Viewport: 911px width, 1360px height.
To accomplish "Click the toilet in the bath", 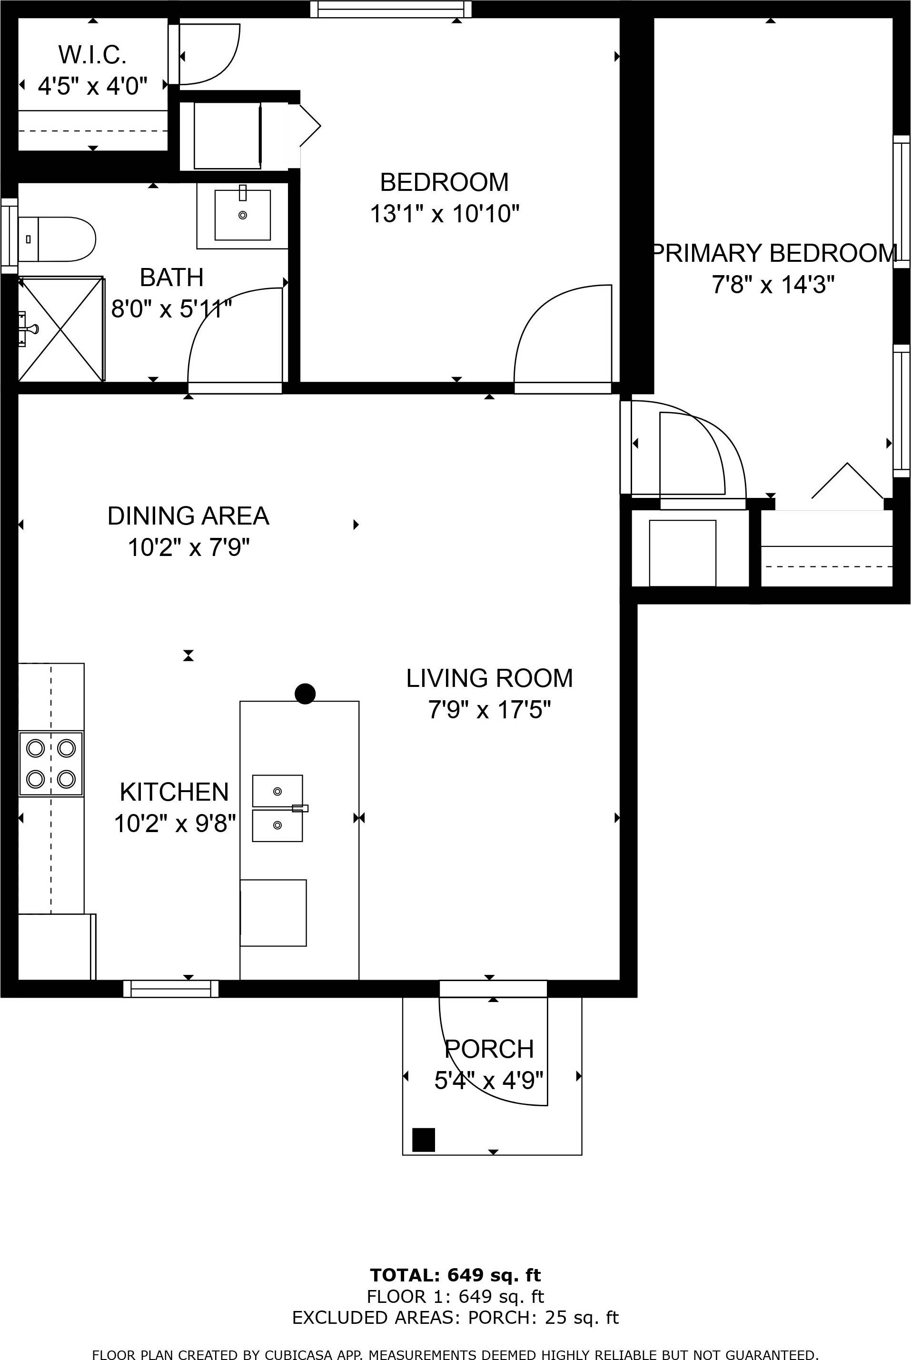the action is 57,239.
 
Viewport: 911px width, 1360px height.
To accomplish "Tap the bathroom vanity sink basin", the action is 242,214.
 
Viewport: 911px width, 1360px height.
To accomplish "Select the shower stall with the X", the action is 61,329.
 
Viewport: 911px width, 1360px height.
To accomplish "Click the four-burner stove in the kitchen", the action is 51,764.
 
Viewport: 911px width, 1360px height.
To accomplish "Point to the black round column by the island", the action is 305,693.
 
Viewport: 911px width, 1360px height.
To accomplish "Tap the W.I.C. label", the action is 92,55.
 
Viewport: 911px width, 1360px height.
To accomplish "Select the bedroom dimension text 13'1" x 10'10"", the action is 445,214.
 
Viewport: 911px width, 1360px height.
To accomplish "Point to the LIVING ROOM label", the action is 489,678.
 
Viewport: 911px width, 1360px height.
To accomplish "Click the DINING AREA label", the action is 188,516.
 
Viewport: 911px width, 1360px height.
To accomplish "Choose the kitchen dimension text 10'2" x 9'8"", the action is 175,823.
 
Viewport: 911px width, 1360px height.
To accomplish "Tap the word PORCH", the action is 489,1049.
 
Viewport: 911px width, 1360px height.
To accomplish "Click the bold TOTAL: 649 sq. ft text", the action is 455,1275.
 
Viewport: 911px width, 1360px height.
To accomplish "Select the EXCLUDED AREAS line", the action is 455,1318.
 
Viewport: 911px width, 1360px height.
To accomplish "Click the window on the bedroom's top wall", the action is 390,10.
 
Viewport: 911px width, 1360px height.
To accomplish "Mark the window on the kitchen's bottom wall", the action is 171,988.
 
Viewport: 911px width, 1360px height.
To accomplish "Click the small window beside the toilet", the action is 10,235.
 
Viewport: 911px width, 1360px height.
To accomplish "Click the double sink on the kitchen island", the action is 277,808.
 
